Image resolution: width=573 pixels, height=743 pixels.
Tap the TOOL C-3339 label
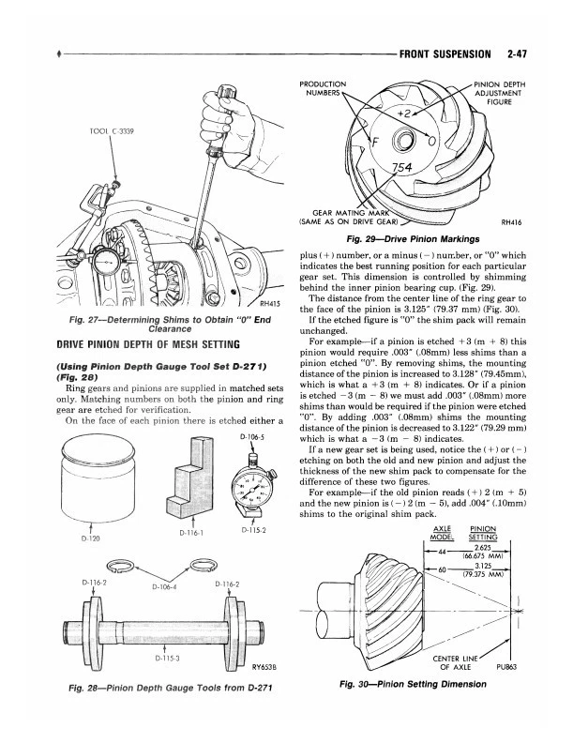112,131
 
